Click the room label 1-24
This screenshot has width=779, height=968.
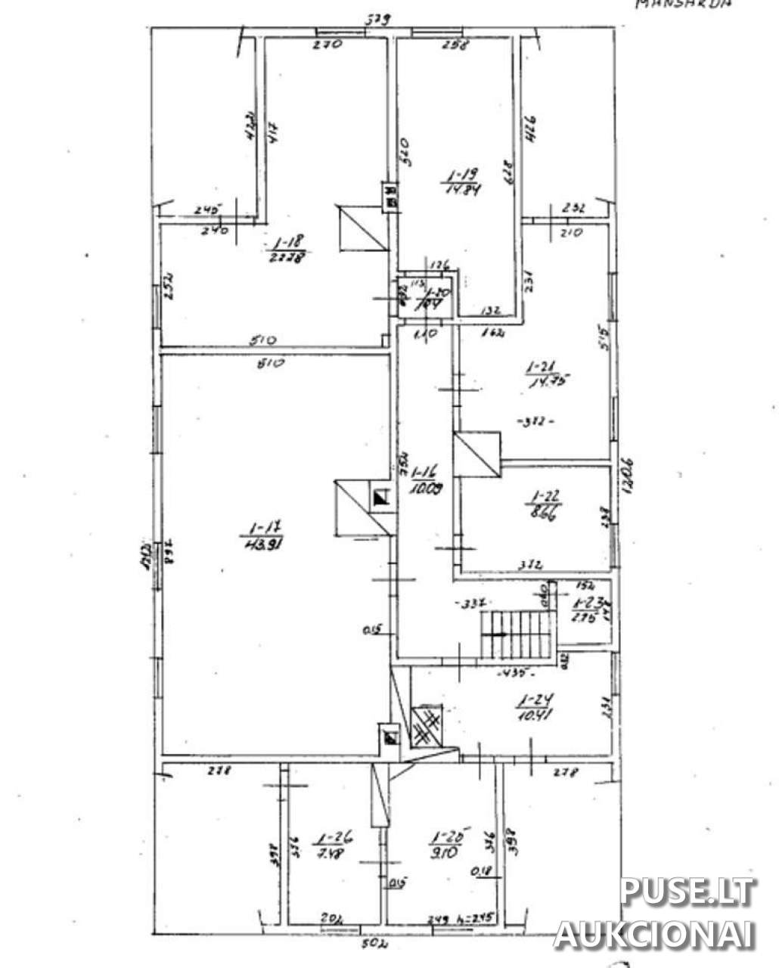click(x=530, y=700)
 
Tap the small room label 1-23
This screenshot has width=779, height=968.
click(x=586, y=603)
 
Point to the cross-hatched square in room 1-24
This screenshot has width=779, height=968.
click(x=427, y=726)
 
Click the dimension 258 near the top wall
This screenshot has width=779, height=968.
click(x=455, y=44)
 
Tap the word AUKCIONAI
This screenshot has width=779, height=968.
click(x=654, y=935)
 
